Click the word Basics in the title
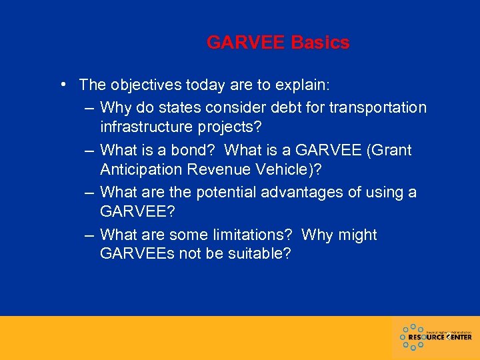coord(320,43)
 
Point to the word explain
coord(304,86)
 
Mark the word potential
coord(229,193)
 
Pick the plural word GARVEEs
coord(137,254)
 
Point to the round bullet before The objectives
coord(61,85)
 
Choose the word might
coord(359,235)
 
